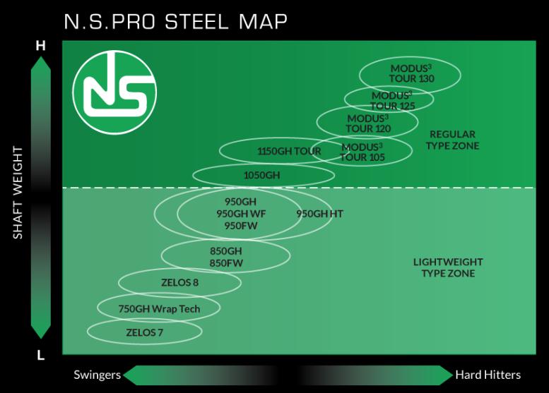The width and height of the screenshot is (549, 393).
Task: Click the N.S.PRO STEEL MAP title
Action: click(x=175, y=21)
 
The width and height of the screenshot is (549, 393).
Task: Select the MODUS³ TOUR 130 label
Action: click(x=411, y=73)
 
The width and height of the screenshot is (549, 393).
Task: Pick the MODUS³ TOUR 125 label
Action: click(x=392, y=100)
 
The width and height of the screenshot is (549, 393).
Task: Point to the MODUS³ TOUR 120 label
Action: click(x=367, y=123)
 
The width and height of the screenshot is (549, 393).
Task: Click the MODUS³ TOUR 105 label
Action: click(x=362, y=152)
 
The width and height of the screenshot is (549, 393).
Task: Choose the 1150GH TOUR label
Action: click(x=288, y=151)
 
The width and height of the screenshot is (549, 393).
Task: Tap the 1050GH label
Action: click(x=261, y=175)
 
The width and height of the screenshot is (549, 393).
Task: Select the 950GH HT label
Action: click(x=319, y=213)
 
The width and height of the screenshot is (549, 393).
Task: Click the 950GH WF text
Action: click(x=240, y=213)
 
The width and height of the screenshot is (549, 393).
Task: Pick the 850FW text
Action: click(x=226, y=262)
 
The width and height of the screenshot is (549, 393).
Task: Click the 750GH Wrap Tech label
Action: click(x=159, y=308)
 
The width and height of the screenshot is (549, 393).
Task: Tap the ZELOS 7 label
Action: click(x=144, y=332)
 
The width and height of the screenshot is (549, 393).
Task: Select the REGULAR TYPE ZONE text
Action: click(x=453, y=140)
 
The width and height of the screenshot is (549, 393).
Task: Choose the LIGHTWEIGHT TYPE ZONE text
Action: click(x=448, y=267)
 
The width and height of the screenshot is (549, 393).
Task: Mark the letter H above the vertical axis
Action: click(x=41, y=46)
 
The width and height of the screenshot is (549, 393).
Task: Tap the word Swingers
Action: click(x=98, y=375)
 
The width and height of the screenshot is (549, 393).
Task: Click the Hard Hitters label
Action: click(x=488, y=375)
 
